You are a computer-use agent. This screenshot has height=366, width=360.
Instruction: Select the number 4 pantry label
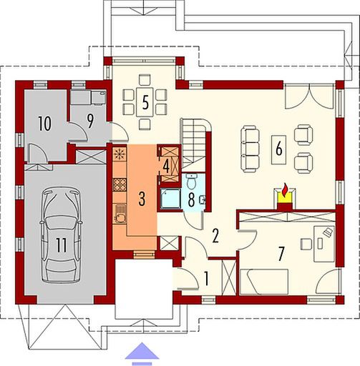pos(166,164)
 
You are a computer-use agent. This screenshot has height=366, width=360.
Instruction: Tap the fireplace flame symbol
pos(286,192)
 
